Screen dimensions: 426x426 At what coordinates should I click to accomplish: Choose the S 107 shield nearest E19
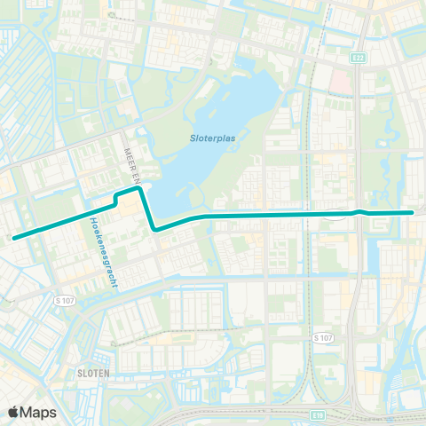click(x=323, y=338)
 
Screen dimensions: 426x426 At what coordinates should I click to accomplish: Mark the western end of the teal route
click(x=13, y=237)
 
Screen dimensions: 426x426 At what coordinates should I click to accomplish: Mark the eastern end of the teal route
click(x=413, y=213)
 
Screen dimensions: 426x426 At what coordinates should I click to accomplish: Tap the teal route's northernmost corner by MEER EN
click(x=138, y=187)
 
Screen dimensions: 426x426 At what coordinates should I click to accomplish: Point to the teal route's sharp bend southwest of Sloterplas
click(x=155, y=229)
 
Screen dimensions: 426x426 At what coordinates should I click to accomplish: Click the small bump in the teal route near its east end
click(x=359, y=211)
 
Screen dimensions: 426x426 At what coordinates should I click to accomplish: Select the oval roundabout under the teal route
click(x=337, y=213)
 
